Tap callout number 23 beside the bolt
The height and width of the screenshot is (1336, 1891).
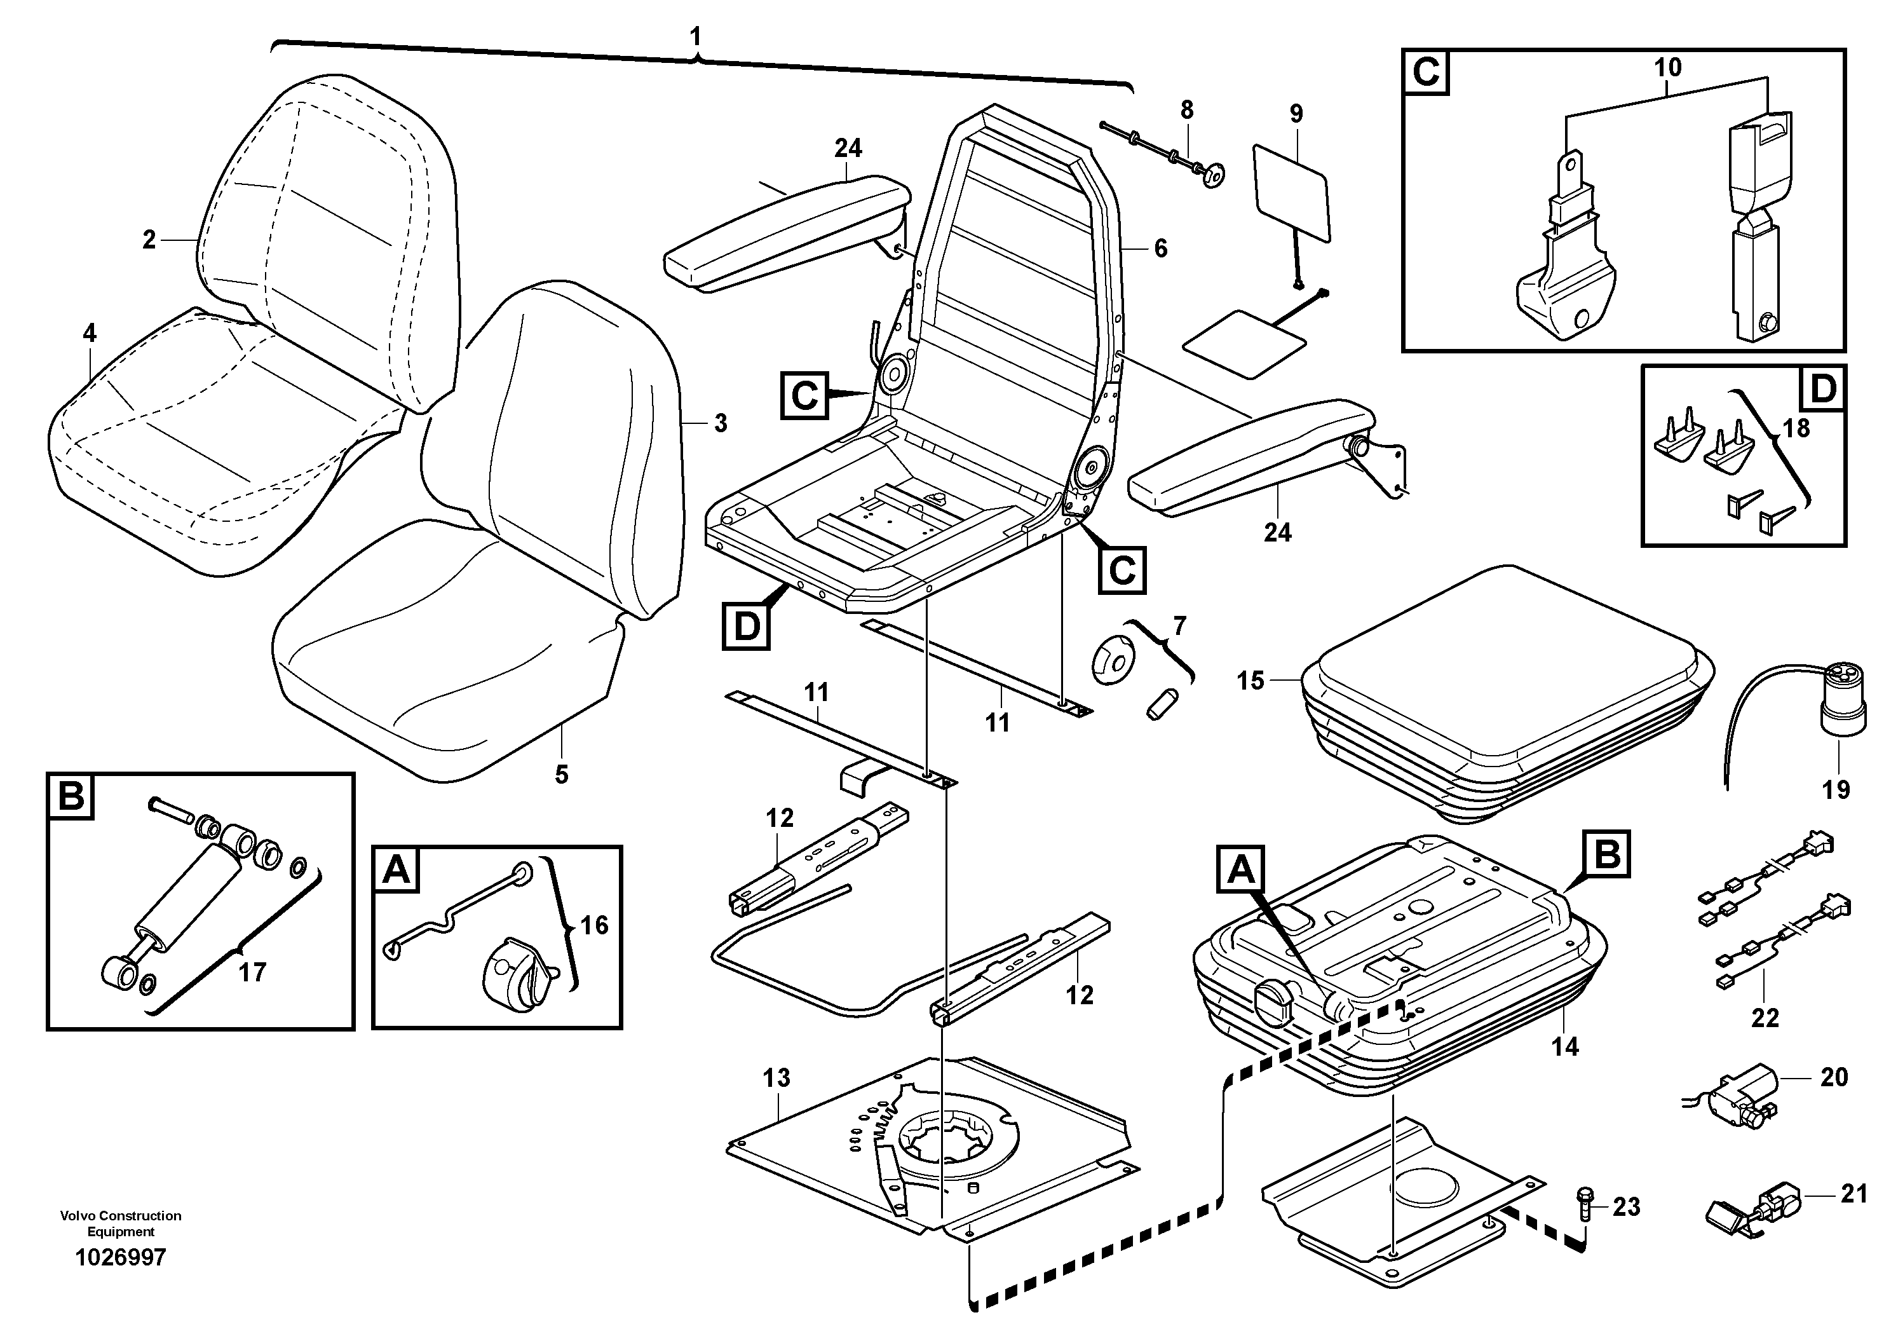tap(1627, 1208)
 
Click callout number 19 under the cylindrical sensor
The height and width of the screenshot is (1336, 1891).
tap(1836, 790)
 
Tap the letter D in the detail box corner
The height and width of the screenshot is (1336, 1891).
tap(1824, 389)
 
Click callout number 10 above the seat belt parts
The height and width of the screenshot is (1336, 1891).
tap(1668, 67)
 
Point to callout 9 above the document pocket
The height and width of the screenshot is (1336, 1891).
tap(1296, 114)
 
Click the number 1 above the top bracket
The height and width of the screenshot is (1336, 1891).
tap(696, 36)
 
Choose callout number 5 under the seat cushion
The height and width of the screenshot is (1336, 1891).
tap(561, 774)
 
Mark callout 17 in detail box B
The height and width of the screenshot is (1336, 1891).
tap(252, 972)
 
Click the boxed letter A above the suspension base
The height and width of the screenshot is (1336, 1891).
tap(1240, 870)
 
